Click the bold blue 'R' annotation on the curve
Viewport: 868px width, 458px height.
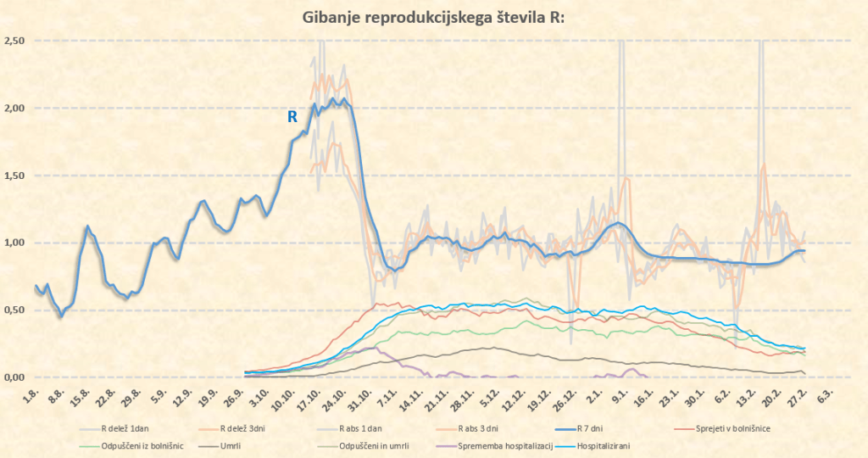pos(292,117)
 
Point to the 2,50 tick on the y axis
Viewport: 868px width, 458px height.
pos(14,41)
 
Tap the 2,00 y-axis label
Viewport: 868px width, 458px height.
pos(14,109)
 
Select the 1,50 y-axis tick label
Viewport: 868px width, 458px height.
pos(14,176)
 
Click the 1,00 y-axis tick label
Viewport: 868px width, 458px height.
pos(14,243)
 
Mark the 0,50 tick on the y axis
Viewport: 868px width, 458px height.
pos(14,310)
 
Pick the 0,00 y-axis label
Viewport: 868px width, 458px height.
pos(14,377)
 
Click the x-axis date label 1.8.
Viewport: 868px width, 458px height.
pos(32,396)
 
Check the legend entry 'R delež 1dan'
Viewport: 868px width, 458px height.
pos(130,428)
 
